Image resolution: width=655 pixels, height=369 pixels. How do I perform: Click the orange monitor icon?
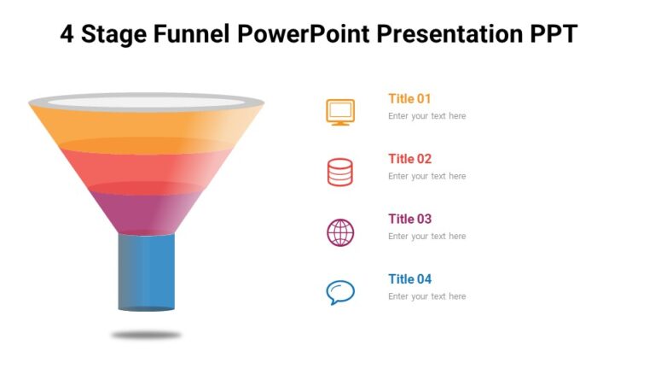pos(340,112)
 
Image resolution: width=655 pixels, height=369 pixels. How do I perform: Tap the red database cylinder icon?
pos(340,172)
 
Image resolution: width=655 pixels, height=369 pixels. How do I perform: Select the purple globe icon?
pos(340,232)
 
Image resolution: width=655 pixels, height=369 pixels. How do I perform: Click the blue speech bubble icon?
pos(340,292)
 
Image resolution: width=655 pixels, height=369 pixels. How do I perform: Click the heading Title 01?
pos(409,98)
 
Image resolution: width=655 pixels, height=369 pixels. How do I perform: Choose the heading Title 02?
pos(409,158)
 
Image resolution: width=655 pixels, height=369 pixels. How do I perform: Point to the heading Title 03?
pos(409,219)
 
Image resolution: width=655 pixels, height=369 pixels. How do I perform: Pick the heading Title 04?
pos(409,278)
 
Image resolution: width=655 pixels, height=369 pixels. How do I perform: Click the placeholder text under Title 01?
pos(426,116)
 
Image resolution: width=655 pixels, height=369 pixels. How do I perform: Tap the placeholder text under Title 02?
pos(426,176)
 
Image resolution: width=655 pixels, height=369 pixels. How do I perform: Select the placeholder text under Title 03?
pos(426,237)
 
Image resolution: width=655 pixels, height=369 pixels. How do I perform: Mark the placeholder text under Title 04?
pos(426,296)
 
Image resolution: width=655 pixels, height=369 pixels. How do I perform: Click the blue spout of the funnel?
pos(146,271)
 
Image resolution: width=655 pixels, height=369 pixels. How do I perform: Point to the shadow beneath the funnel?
pos(146,336)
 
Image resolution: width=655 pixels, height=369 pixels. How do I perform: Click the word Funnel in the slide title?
pos(192,35)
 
